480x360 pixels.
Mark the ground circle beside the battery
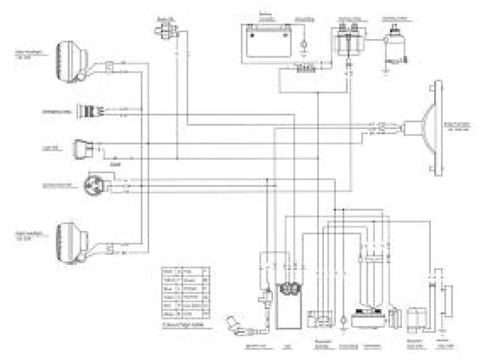pos(302,45)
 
